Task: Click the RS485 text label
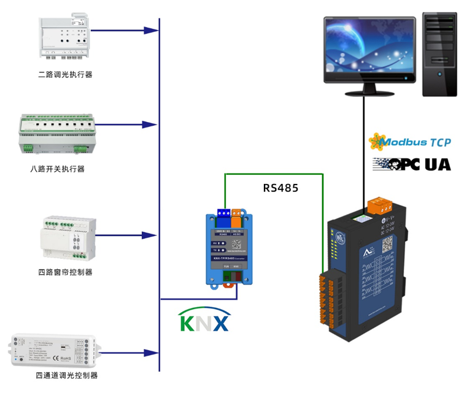click(x=280, y=188)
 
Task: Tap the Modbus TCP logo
click(x=409, y=142)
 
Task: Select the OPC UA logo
click(x=412, y=164)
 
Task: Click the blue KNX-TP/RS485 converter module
click(x=228, y=248)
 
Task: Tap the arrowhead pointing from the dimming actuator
click(x=147, y=29)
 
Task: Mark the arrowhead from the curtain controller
click(x=147, y=235)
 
